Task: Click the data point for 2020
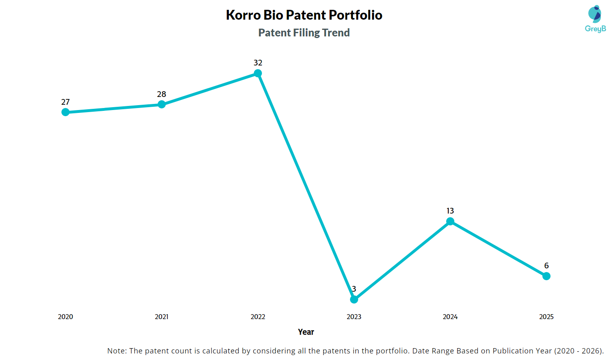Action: click(x=65, y=112)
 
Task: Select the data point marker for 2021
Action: click(x=162, y=104)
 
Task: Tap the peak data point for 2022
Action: click(x=258, y=73)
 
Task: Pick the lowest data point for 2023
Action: click(x=354, y=299)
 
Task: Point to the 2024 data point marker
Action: click(x=450, y=221)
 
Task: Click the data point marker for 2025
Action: click(x=546, y=276)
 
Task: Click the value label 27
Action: click(x=65, y=102)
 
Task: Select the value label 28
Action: click(x=162, y=94)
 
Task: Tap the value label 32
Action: click(x=258, y=63)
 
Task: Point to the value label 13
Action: click(x=450, y=211)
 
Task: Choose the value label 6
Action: click(x=546, y=265)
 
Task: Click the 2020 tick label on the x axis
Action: click(x=65, y=317)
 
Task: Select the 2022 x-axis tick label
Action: click(x=258, y=317)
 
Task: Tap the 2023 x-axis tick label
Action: click(x=354, y=317)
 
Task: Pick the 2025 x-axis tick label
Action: click(x=546, y=317)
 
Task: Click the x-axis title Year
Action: click(x=306, y=332)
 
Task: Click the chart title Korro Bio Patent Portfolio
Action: click(x=304, y=15)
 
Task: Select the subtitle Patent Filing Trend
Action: click(x=304, y=33)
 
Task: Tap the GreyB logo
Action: click(x=595, y=19)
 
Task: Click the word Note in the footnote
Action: click(x=116, y=351)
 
